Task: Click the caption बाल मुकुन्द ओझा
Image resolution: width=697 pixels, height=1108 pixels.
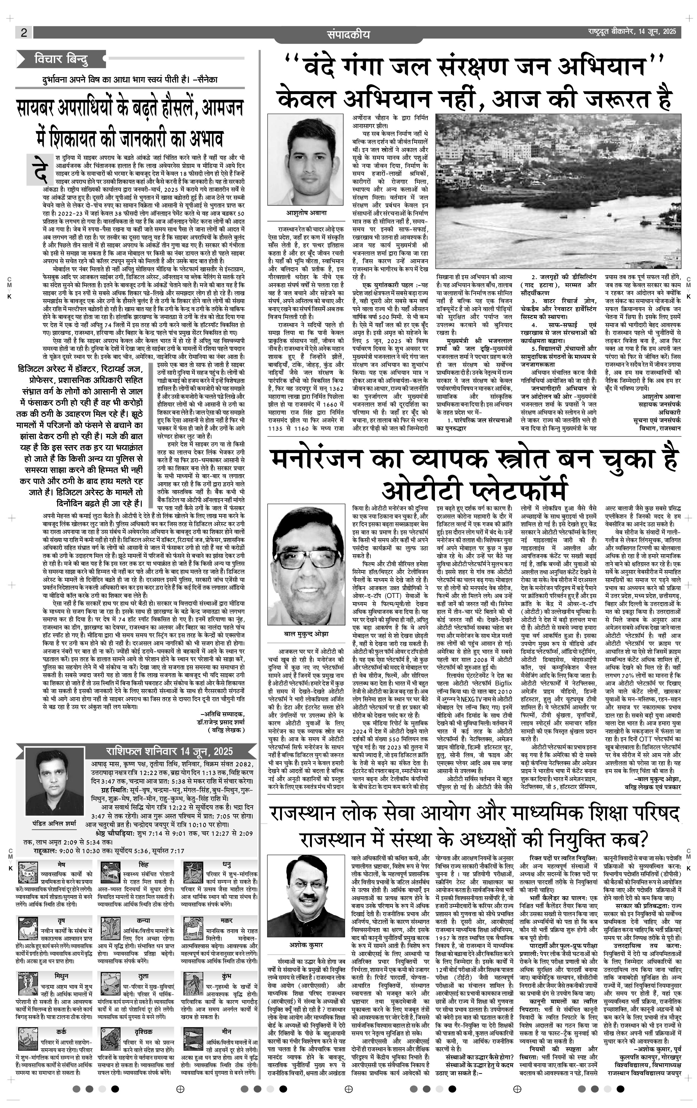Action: tap(306, 634)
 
